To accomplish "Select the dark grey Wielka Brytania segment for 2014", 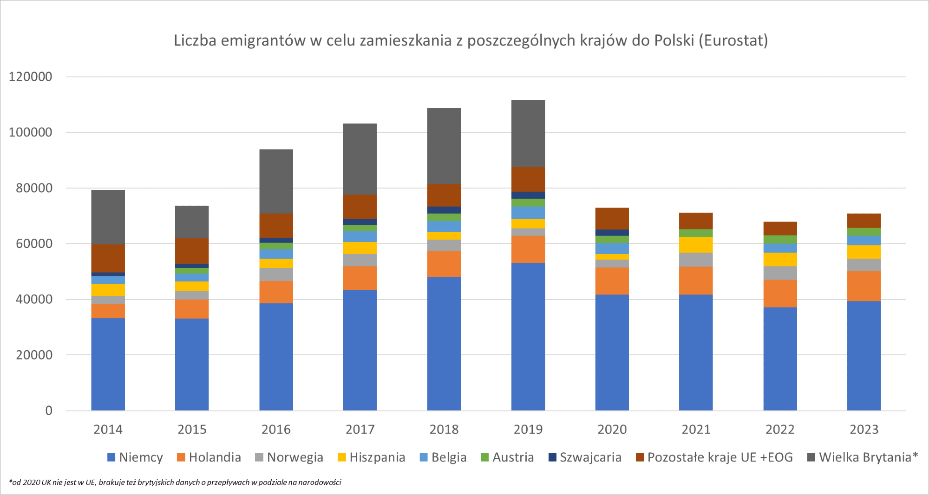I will coord(108,217).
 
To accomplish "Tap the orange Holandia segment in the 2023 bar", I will coord(864,286).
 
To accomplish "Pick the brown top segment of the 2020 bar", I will coord(612,218).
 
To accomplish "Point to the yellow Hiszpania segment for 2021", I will coord(696,245).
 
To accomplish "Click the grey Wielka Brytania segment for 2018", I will coord(444,145).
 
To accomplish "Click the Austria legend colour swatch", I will coord(484,457).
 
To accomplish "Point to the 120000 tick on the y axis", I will coord(31,77).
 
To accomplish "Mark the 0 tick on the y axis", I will coord(49,410).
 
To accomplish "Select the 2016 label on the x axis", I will coord(276,430).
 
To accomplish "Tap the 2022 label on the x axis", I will coord(780,430).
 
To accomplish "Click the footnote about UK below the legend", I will coord(175,482).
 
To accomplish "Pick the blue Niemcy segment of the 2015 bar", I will coord(192,365).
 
